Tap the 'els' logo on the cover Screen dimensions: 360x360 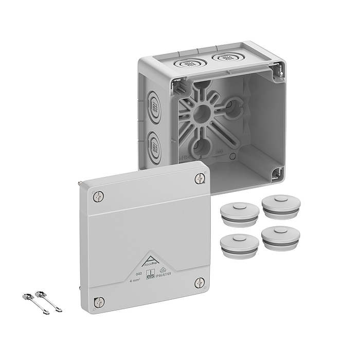(151, 275)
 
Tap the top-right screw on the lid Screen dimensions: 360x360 (200, 178)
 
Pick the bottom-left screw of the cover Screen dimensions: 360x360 (99, 302)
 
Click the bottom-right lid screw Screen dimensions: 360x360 (200, 282)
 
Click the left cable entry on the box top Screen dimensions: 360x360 (186, 64)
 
